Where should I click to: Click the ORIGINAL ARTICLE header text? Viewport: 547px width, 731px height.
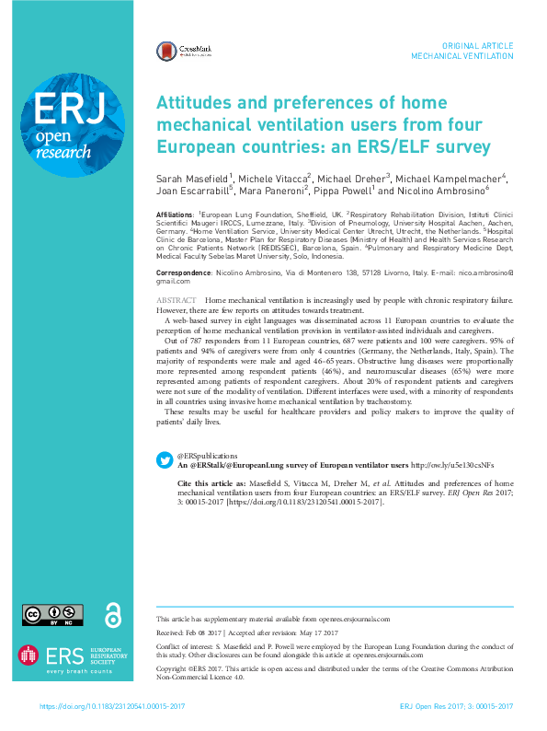[x=478, y=45]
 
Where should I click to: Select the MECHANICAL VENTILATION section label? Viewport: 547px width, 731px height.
[x=462, y=56]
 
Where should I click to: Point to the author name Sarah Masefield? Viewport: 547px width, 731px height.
[x=194, y=178]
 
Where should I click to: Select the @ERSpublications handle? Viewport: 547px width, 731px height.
[x=207, y=456]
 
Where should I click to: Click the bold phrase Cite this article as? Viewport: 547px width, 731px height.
[x=211, y=482]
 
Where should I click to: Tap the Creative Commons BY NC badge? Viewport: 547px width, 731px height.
[x=53, y=614]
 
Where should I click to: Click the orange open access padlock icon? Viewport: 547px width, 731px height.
[x=113, y=613]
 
